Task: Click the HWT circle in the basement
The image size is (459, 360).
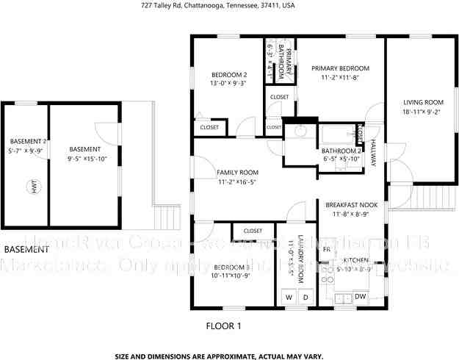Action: click(x=33, y=187)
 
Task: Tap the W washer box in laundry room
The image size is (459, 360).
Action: click(x=288, y=298)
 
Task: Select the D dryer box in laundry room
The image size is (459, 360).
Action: click(x=306, y=298)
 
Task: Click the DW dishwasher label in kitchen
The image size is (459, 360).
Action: click(x=360, y=296)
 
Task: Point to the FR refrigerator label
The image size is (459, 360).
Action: click(x=327, y=250)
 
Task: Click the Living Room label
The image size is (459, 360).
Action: click(x=423, y=102)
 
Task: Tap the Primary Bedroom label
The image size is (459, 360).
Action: click(x=340, y=68)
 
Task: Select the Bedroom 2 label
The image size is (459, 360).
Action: click(x=229, y=75)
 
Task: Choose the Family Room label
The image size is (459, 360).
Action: click(x=237, y=173)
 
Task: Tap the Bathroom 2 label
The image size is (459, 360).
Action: click(x=342, y=151)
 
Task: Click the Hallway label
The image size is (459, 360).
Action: click(x=373, y=151)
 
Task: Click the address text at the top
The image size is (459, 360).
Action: click(x=218, y=5)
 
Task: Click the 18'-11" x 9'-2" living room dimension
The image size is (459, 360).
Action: click(x=423, y=112)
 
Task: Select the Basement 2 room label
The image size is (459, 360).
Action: click(x=29, y=142)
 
